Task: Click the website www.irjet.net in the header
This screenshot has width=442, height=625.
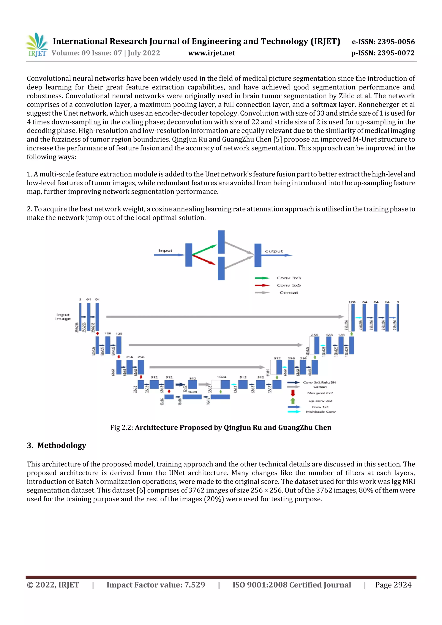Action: point(211,53)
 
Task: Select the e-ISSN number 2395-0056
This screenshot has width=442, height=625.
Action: point(396,42)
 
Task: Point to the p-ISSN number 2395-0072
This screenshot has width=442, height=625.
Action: point(396,53)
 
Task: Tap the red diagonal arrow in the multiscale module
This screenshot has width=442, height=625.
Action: point(204,260)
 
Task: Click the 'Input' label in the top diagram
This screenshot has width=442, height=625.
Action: point(165,250)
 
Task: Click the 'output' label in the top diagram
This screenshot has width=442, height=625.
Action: point(274,251)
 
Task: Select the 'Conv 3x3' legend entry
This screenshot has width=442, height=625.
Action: point(288,278)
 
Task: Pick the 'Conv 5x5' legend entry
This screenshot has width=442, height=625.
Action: point(288,285)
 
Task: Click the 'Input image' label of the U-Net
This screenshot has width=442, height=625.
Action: point(63,316)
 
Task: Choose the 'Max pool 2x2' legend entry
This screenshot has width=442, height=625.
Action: point(320,393)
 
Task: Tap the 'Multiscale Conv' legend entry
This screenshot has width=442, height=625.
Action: point(320,412)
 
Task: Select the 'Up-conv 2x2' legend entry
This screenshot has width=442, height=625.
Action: point(320,401)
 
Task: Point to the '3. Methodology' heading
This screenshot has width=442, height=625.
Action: point(56,445)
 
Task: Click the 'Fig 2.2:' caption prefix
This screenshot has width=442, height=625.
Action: point(122,427)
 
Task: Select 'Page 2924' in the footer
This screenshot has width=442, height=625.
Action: point(393,585)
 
